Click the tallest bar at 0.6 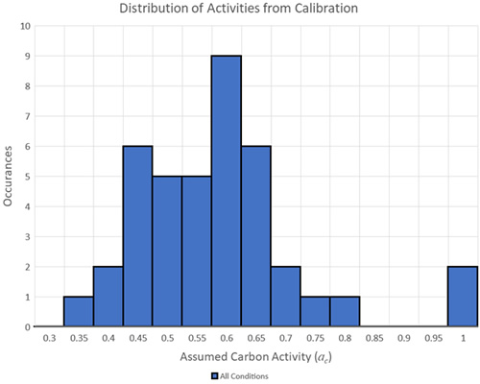coord(226,192)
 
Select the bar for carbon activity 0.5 coord(167,252)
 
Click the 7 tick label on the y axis coord(27,116)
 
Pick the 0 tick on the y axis coord(27,326)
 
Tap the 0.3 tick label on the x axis coord(49,338)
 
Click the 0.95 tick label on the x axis coord(434,338)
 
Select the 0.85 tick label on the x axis coord(374,338)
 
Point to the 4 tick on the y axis coord(27,206)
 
